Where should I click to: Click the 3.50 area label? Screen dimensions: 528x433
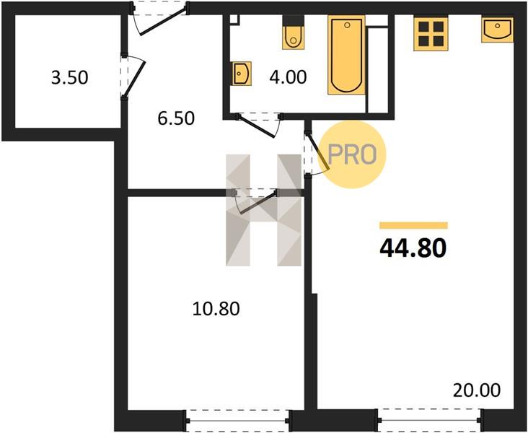click(70, 77)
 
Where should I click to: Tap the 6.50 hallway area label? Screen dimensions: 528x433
click(176, 118)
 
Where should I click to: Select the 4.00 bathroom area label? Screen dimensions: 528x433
click(288, 76)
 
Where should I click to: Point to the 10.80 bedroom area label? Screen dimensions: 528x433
click(216, 309)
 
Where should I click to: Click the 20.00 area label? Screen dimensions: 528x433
click(477, 390)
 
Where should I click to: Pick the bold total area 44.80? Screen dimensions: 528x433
click(413, 248)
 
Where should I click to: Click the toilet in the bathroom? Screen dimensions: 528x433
click(294, 32)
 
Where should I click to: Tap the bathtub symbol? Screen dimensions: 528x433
click(346, 55)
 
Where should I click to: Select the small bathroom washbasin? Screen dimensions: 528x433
click(242, 74)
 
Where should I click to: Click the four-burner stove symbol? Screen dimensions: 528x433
click(431, 34)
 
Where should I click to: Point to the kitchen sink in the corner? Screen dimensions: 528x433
click(497, 30)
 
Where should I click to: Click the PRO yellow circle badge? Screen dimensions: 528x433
click(351, 154)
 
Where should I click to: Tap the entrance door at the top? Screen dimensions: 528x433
click(159, 18)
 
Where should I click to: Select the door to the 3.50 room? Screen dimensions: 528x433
click(133, 76)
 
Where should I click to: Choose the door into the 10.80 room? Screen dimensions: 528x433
click(256, 201)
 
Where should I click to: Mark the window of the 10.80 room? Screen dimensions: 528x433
click(237, 420)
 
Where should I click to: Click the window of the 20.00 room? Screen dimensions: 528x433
click(430, 420)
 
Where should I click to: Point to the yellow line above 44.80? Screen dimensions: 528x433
click(413, 225)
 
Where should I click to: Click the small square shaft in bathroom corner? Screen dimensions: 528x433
click(234, 20)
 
